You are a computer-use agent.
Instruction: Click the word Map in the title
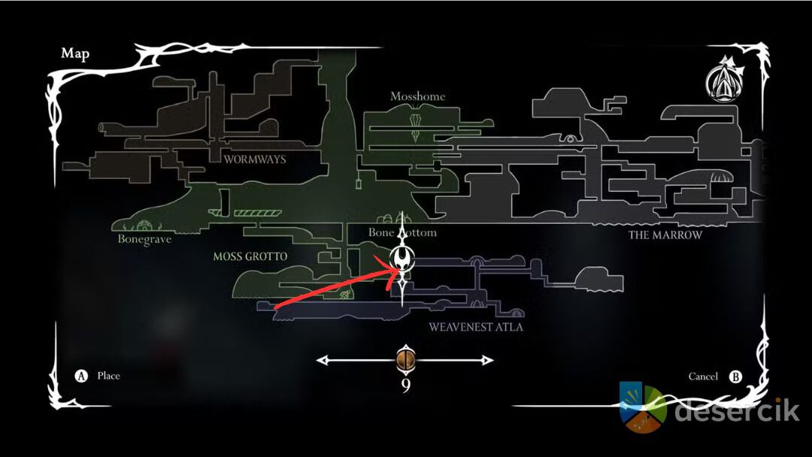click(74, 54)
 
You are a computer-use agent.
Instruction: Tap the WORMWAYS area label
click(255, 159)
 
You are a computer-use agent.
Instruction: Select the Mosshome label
click(417, 97)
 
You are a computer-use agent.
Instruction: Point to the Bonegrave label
click(144, 240)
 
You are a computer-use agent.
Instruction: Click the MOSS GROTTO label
click(250, 257)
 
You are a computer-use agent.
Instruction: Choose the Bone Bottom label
click(402, 233)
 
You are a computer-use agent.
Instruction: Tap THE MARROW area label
click(665, 235)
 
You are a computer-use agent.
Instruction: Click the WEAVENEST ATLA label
click(476, 328)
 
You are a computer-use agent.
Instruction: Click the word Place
click(108, 376)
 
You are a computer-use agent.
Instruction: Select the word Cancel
click(703, 377)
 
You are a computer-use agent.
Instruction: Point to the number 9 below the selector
click(405, 386)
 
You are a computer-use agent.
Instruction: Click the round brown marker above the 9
click(405, 361)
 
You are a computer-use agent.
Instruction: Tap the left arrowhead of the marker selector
click(322, 361)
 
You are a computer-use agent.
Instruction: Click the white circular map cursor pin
click(404, 260)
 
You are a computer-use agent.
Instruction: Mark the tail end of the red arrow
click(276, 307)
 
